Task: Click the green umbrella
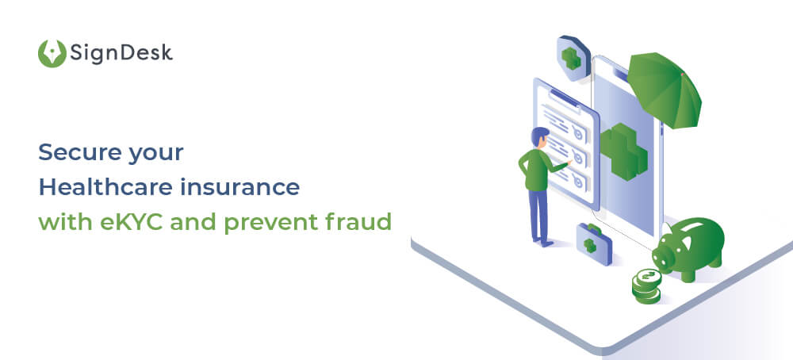click(x=666, y=91)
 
